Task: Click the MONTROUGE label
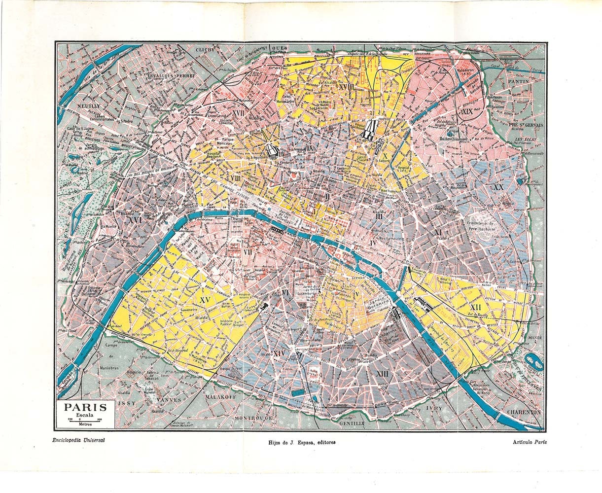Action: [254, 418]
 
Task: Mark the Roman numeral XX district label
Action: [498, 187]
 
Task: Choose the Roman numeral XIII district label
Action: [382, 374]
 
